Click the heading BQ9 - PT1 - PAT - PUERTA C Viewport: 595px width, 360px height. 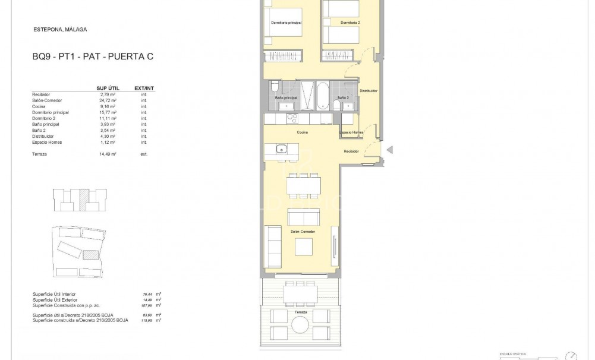pyautogui.click(x=92, y=57)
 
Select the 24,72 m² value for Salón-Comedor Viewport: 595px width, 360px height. pyautogui.click(x=108, y=100)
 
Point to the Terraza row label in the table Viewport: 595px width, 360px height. pyautogui.click(x=40, y=154)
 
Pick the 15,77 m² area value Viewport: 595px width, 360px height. pyautogui.click(x=108, y=112)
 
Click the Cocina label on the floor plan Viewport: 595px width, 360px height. pyautogui.click(x=301, y=133)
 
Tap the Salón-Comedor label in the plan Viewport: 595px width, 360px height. pyautogui.click(x=303, y=231)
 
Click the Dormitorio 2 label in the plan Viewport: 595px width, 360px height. pyautogui.click(x=350, y=23)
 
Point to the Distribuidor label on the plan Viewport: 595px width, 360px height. pyautogui.click(x=369, y=91)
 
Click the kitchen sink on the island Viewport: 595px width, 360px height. pyautogui.click(x=280, y=150)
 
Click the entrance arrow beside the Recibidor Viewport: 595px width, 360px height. pyautogui.click(x=390, y=150)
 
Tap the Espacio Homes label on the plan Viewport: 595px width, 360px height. pyautogui.click(x=352, y=132)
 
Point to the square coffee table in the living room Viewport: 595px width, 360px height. pyautogui.click(x=304, y=246)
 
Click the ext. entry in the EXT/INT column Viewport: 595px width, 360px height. pyautogui.click(x=143, y=154)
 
